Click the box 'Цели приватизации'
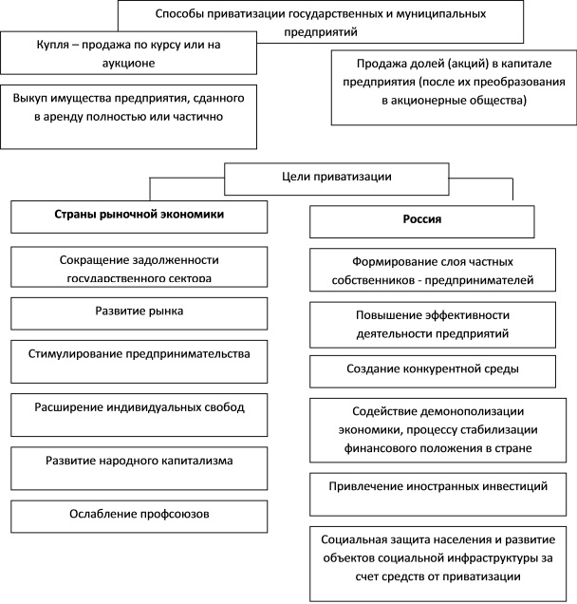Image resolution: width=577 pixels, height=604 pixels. (x=309, y=178)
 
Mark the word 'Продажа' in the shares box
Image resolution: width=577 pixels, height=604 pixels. (x=372, y=64)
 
